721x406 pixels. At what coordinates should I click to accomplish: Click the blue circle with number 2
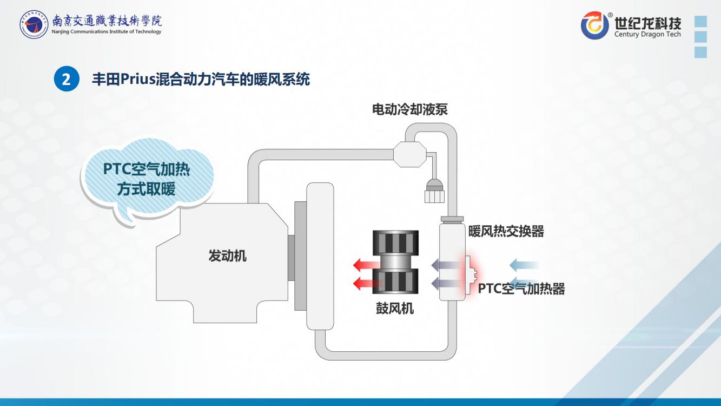[67, 79]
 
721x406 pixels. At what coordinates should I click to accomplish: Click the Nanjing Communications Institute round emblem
[34, 24]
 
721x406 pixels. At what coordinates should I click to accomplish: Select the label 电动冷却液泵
[410, 109]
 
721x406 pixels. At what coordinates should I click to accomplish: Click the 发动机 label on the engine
[228, 256]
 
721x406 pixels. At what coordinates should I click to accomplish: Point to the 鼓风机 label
[395, 309]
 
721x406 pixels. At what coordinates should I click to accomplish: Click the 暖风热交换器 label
[506, 231]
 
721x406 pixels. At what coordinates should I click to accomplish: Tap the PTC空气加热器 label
[521, 289]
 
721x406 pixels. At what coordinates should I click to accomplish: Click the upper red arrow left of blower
[367, 265]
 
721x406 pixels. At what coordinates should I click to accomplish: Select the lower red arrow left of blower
[367, 284]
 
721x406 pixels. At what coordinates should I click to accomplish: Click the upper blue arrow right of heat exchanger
[524, 265]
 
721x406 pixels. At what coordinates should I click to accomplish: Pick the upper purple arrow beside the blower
[446, 265]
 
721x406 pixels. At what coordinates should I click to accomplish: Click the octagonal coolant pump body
[410, 154]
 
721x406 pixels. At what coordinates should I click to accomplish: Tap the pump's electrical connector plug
[434, 191]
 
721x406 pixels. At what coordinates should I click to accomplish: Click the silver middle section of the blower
[395, 261]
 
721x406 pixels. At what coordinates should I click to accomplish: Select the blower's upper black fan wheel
[395, 242]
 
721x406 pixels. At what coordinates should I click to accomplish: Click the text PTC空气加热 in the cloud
[147, 169]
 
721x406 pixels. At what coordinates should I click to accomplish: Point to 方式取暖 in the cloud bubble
[147, 189]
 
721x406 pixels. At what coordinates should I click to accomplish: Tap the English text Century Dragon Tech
[647, 35]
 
